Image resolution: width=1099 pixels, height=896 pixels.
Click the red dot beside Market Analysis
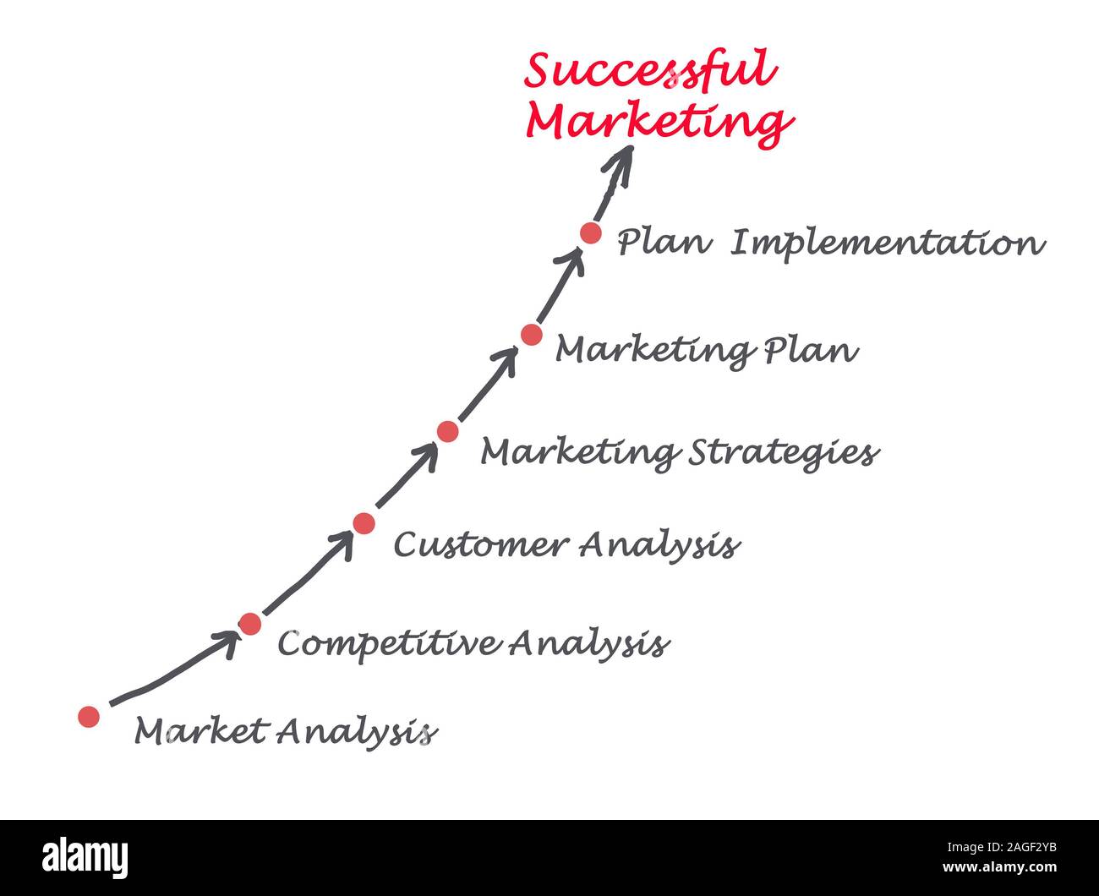coord(89,717)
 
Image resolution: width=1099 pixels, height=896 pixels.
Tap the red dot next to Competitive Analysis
coord(250,624)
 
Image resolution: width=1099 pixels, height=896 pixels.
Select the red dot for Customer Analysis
coord(364,523)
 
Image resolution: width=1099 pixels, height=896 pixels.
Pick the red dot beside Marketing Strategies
coord(447,431)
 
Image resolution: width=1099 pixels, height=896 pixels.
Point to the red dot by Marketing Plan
coord(532,335)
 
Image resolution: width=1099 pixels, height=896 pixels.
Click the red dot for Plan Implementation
coord(591,232)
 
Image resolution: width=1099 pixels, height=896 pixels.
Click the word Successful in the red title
coord(651,71)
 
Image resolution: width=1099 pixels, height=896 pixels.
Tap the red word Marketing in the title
coord(660,123)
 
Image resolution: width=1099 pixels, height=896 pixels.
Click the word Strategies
coord(784,453)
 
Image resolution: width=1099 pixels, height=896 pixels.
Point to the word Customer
coord(479,545)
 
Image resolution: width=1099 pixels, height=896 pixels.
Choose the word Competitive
coord(388,644)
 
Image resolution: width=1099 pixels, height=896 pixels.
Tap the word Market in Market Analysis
coord(202,731)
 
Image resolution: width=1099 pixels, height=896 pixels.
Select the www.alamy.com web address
coord(999,867)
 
